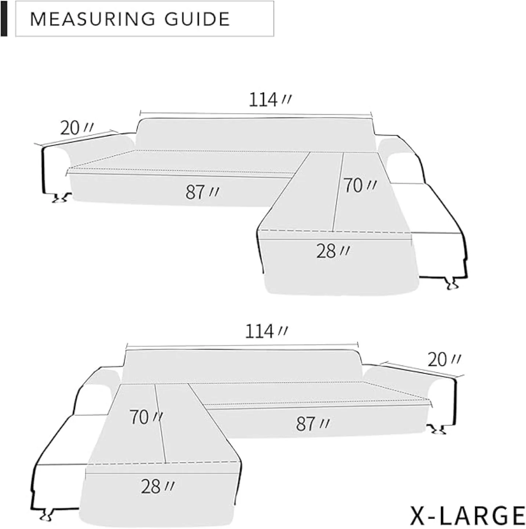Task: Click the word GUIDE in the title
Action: [x=197, y=19]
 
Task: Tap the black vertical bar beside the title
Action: [x=4, y=18]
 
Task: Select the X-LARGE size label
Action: [x=467, y=516]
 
